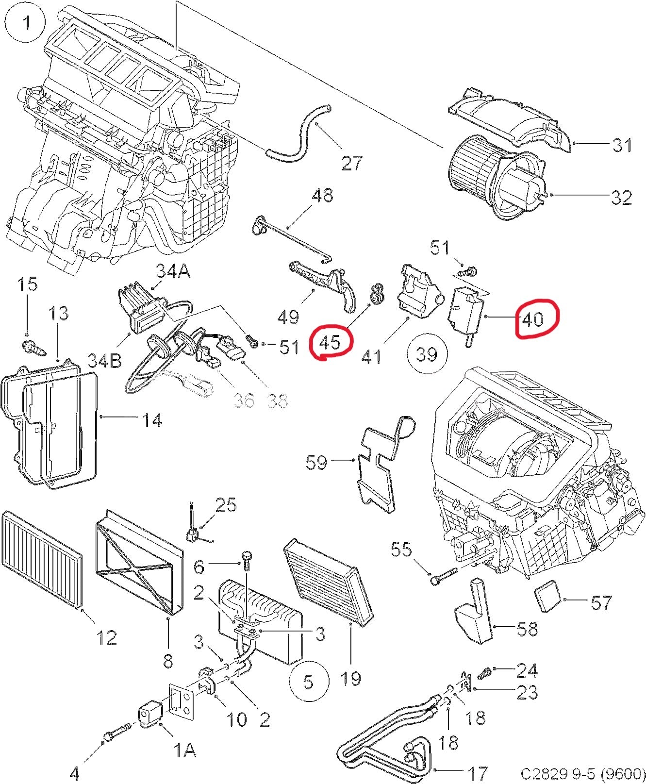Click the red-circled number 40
click(x=533, y=319)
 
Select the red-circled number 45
click(x=331, y=342)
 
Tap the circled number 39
click(x=427, y=354)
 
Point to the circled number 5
click(x=309, y=682)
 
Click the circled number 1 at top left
click(x=27, y=23)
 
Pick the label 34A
click(x=172, y=271)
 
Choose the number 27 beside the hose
click(x=351, y=163)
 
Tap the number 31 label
click(x=622, y=145)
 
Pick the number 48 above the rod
click(x=322, y=195)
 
